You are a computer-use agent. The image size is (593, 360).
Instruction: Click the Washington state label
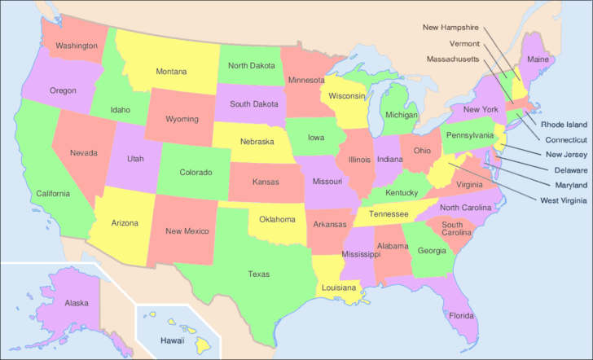coord(77,46)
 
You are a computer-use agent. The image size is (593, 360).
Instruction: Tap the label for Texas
coord(259,274)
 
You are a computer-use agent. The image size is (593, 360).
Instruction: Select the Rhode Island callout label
coord(564,125)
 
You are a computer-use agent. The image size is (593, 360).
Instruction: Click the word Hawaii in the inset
coord(172,340)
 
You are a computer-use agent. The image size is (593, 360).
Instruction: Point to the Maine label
coord(538,59)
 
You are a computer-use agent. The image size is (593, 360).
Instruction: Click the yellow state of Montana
coord(171,71)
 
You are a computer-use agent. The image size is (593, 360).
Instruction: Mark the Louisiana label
coord(338,288)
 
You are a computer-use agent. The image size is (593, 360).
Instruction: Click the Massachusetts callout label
coord(453,59)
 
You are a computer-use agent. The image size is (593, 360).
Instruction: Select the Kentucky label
coord(402,193)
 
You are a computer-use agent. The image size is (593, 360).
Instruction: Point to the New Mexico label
coord(187,231)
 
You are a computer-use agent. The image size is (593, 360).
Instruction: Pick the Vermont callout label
coord(464,43)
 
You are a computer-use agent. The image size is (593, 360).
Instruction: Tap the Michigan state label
coord(402,115)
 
